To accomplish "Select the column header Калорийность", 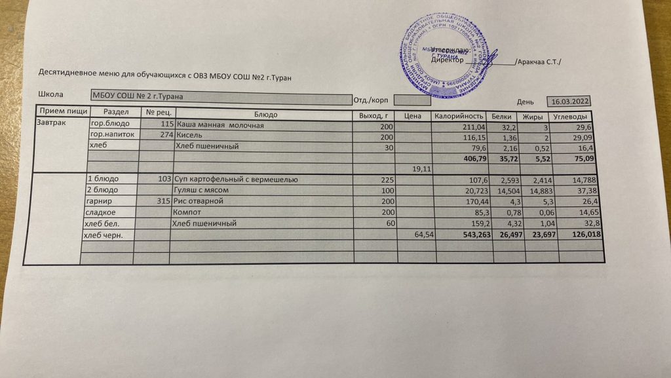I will tap(459, 116).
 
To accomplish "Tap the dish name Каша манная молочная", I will tap(219, 126).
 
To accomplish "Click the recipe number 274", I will tap(166, 136).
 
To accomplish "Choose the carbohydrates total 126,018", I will tap(584, 234).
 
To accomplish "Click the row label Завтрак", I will tap(50, 124).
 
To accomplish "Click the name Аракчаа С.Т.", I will tap(539, 62).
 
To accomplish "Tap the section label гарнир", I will tap(98, 200).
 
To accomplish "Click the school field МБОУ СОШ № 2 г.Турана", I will tap(137, 96).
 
